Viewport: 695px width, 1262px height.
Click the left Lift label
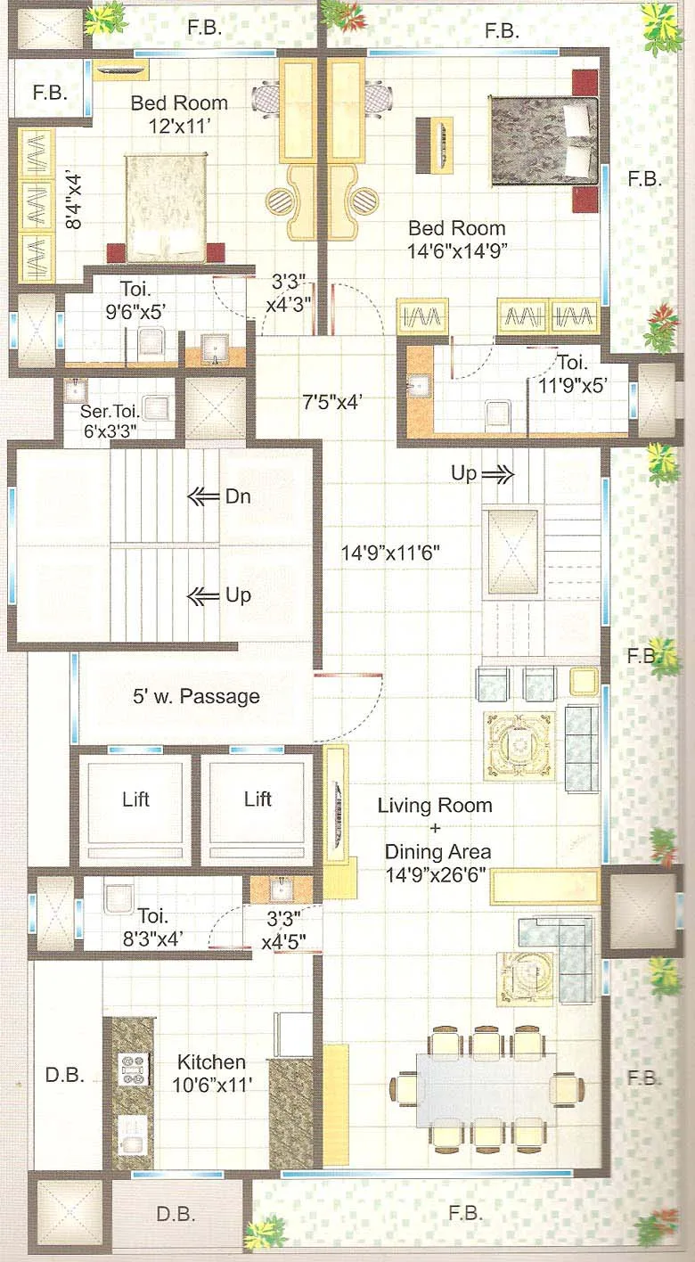pyautogui.click(x=135, y=799)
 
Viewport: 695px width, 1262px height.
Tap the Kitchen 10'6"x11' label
pyautogui.click(x=211, y=1073)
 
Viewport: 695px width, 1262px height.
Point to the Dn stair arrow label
pyautogui.click(x=238, y=496)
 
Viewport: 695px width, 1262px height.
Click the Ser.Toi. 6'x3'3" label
pyautogui.click(x=114, y=422)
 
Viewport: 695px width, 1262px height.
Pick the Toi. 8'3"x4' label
pyautogui.click(x=160, y=924)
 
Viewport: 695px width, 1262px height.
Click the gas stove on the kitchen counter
pyautogui.click(x=133, y=1069)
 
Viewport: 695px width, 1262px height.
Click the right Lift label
pyautogui.click(x=258, y=799)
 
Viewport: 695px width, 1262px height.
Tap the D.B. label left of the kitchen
pyautogui.click(x=64, y=1075)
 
